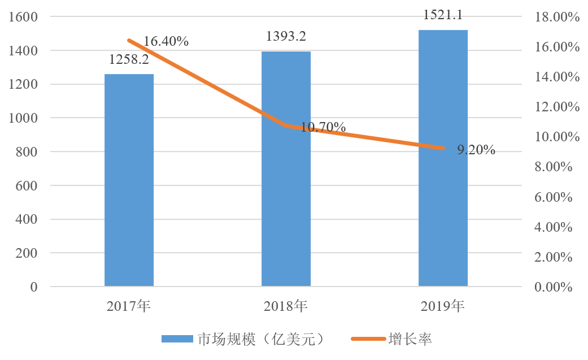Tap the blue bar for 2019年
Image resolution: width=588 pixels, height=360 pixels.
pyautogui.click(x=443, y=158)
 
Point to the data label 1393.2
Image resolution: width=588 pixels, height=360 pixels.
pyautogui.click(x=286, y=37)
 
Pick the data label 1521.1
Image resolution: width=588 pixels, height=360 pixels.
pyautogui.click(x=443, y=15)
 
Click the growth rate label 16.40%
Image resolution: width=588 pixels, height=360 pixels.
pyautogui.click(x=165, y=41)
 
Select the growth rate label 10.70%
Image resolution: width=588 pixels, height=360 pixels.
pyautogui.click(x=323, y=127)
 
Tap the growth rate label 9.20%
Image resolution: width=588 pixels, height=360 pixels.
pyautogui.click(x=476, y=150)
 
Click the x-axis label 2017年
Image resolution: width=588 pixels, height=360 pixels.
pyautogui.click(x=129, y=307)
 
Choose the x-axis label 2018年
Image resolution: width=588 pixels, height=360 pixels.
pyautogui.click(x=286, y=307)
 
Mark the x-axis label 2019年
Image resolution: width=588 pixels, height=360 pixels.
pyautogui.click(x=443, y=307)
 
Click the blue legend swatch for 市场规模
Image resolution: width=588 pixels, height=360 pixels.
pyautogui.click(x=177, y=339)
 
